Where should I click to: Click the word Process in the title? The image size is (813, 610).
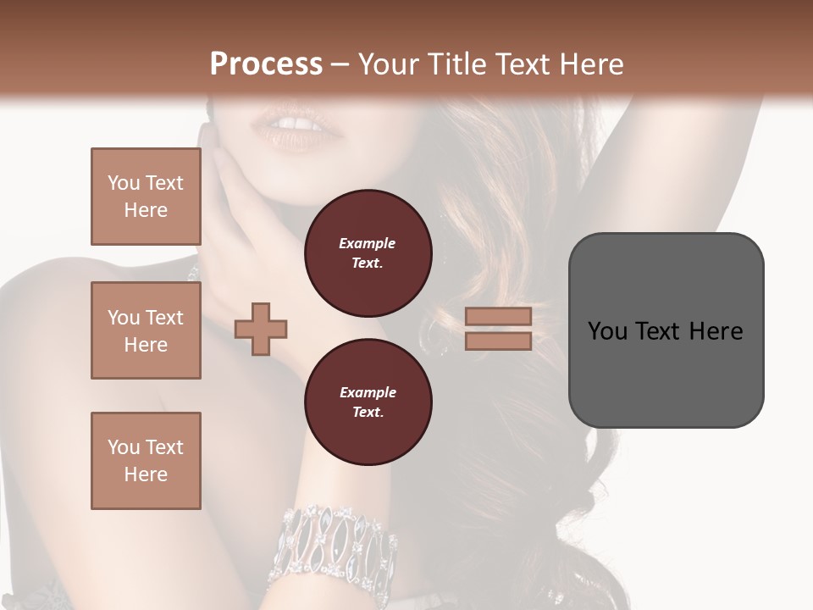(x=266, y=64)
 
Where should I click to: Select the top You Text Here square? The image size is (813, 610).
(x=146, y=197)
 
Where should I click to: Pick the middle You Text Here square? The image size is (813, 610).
(x=146, y=330)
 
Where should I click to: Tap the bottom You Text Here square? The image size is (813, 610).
(x=146, y=461)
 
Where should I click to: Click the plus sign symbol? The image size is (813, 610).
(x=261, y=329)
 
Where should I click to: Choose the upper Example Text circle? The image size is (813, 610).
(x=368, y=253)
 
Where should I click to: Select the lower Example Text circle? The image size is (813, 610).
(x=368, y=402)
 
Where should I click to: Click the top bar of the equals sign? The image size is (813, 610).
(x=498, y=316)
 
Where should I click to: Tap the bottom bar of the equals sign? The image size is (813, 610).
(x=498, y=341)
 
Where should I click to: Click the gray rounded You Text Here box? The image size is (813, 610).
(x=666, y=330)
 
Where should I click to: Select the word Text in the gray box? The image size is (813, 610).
(x=656, y=330)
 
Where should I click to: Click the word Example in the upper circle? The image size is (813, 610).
(x=368, y=243)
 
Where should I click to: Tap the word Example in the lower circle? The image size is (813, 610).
(x=368, y=392)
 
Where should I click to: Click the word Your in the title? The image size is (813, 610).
(x=389, y=64)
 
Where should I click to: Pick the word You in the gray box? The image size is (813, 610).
(x=607, y=330)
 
